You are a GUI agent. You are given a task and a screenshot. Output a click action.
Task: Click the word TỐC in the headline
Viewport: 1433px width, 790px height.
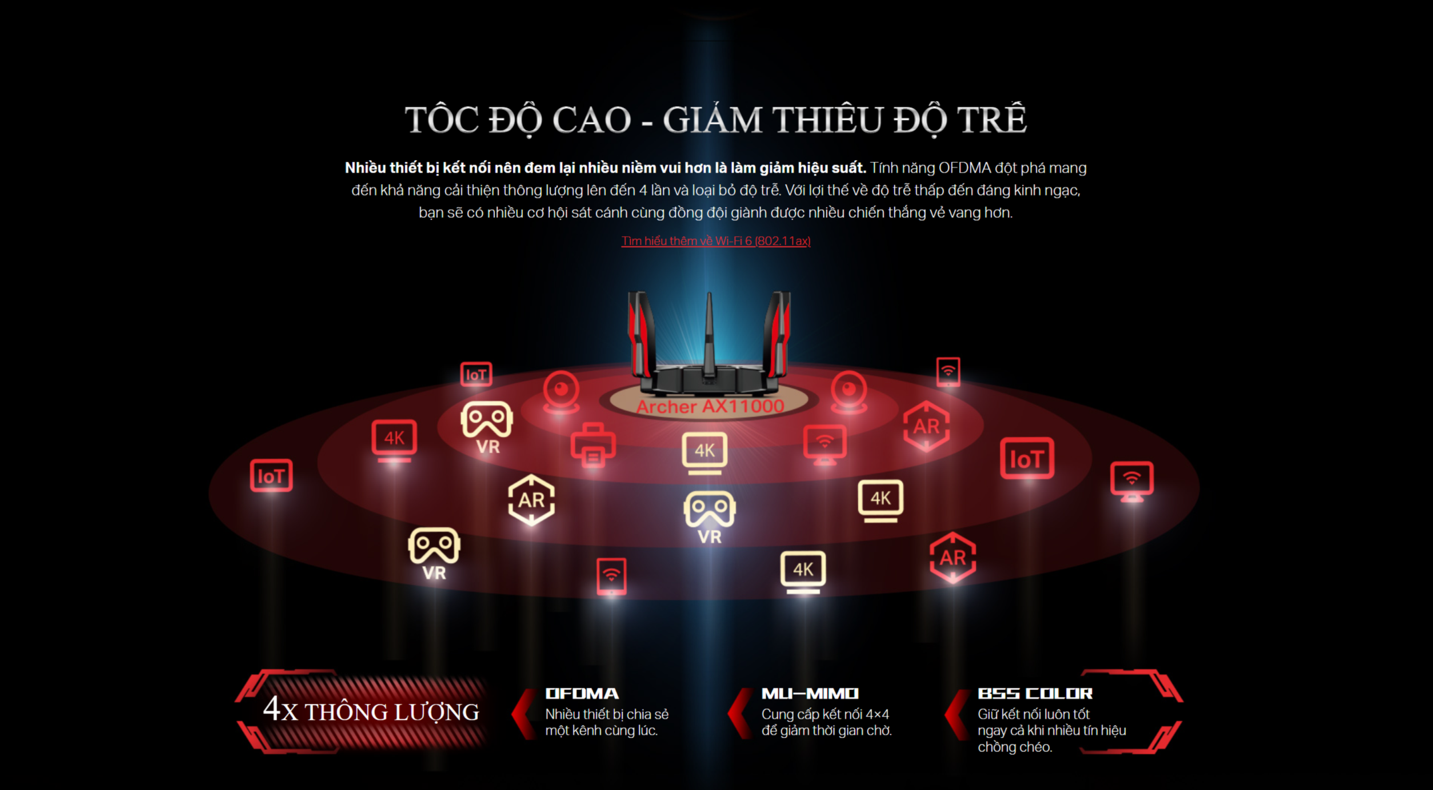point(442,120)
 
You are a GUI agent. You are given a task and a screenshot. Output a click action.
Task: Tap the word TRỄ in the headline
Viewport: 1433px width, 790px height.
point(992,120)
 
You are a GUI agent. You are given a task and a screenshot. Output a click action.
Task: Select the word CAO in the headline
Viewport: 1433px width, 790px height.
point(591,120)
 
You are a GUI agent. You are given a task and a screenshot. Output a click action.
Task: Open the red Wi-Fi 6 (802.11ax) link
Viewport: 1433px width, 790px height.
point(716,241)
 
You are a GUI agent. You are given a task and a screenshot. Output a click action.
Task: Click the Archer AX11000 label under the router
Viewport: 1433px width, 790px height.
point(710,406)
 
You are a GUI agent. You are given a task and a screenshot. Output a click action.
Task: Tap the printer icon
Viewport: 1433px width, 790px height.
point(592,445)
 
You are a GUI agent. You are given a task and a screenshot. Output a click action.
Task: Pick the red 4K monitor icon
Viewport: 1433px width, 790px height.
point(394,440)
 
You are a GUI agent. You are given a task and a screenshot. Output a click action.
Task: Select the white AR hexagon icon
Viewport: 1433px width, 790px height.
point(531,500)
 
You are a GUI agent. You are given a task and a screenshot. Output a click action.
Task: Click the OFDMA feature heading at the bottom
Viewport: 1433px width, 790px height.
point(582,694)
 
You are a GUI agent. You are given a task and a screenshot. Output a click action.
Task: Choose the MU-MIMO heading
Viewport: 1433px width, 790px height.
point(810,694)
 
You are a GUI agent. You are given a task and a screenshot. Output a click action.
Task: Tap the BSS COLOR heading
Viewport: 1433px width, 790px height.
point(1035,694)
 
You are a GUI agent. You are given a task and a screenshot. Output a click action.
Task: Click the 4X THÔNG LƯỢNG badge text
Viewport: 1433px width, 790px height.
point(371,711)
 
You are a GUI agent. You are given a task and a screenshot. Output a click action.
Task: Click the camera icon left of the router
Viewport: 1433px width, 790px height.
point(561,390)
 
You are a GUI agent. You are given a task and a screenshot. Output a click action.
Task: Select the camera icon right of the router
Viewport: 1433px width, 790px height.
point(849,390)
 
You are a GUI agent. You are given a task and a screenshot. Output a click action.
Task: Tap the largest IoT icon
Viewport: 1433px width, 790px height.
point(1027,458)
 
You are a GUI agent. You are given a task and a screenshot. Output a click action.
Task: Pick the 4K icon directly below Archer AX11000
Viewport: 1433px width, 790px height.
point(704,452)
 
